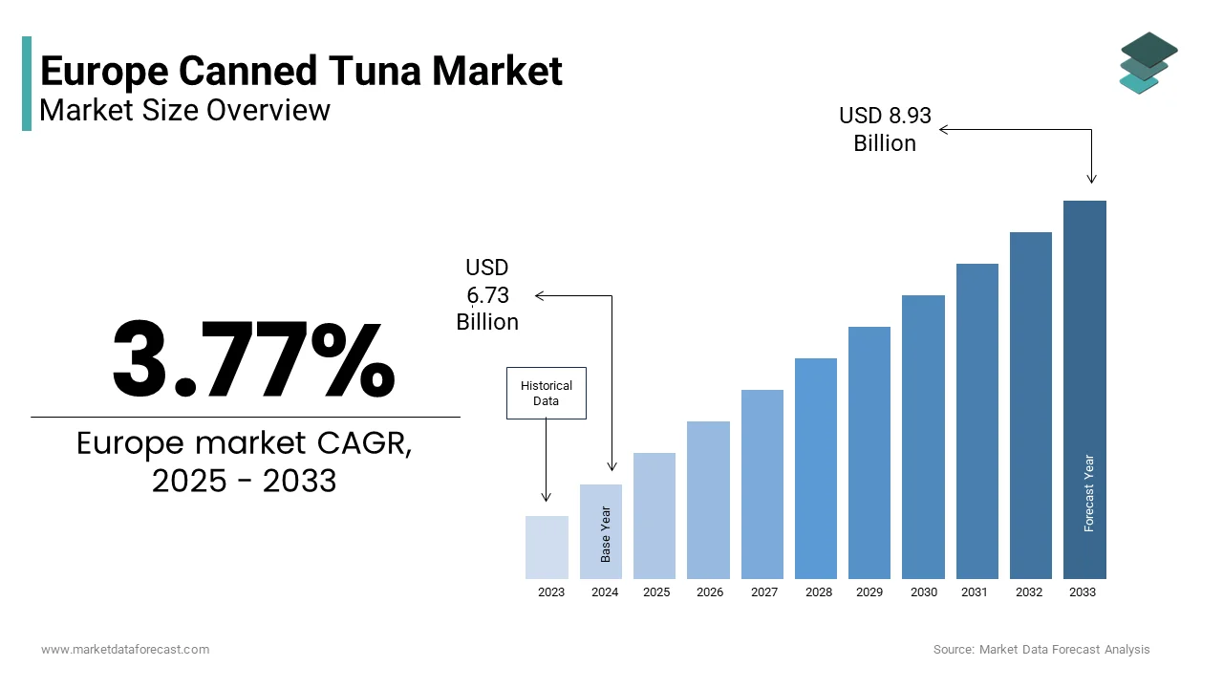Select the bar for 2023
tap(547, 547)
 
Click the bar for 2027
tap(762, 484)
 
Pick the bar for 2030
tap(923, 437)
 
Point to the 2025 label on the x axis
tap(656, 592)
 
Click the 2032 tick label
tap(1029, 592)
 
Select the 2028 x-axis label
tap(818, 592)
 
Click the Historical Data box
tap(546, 393)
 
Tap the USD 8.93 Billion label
tap(885, 129)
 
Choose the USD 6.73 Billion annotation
tap(487, 295)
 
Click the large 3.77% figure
tap(253, 359)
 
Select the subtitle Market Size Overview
tap(184, 110)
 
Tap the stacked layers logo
tap(1148, 63)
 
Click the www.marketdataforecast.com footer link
tap(125, 650)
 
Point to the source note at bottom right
tap(1041, 650)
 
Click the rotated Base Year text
tap(605, 533)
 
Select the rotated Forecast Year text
tap(1088, 493)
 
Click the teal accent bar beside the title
tap(27, 83)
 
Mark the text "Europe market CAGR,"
tap(245, 443)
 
